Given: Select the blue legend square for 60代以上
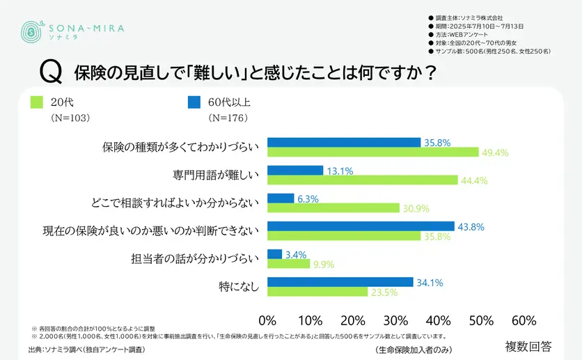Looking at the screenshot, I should point(194,103).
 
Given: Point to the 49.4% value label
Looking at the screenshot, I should point(495,152).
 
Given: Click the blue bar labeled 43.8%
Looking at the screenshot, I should point(361,226).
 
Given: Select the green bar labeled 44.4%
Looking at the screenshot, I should point(363,180).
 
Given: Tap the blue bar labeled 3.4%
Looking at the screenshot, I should point(275,254).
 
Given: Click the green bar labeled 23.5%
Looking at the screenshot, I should point(317,292).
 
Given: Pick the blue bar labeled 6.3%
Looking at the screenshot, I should point(281,198).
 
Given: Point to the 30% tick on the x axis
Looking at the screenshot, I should point(395,321).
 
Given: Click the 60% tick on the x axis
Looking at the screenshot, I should point(524,321).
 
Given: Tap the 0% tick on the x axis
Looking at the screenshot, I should point(268,321).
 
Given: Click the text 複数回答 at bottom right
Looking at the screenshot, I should point(528,345).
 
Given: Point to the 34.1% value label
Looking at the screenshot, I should point(429,283).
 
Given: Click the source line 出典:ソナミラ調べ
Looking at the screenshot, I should point(86,349).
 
